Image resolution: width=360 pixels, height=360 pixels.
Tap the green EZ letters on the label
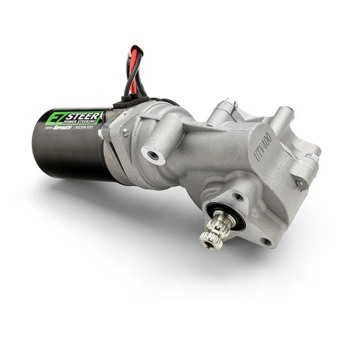(55, 119)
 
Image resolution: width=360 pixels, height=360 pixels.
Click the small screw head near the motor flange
(125, 133)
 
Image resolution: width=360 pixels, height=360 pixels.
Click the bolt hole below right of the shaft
(268, 241)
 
